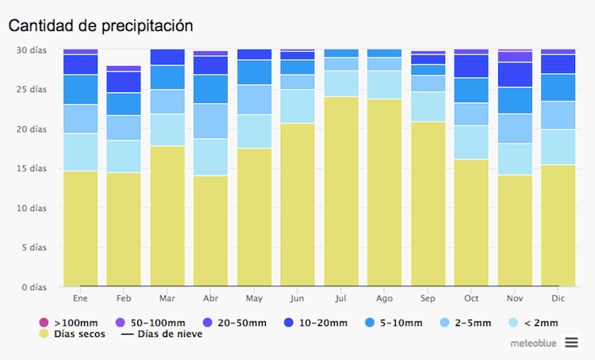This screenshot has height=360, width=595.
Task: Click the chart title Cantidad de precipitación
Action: (101, 25)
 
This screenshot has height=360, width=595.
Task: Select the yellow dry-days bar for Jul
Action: (341, 191)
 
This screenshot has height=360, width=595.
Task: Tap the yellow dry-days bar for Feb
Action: (124, 229)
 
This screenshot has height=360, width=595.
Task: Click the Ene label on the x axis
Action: (80, 299)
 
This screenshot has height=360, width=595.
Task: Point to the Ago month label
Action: (385, 299)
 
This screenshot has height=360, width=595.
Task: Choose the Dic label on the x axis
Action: (559, 299)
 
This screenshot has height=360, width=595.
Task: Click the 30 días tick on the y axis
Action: (31, 49)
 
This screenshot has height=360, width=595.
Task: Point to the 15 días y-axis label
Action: (31, 168)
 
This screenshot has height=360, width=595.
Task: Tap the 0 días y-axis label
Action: (33, 287)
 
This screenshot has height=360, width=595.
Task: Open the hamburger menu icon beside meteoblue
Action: (572, 343)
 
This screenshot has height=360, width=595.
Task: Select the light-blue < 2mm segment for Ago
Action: (385, 85)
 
